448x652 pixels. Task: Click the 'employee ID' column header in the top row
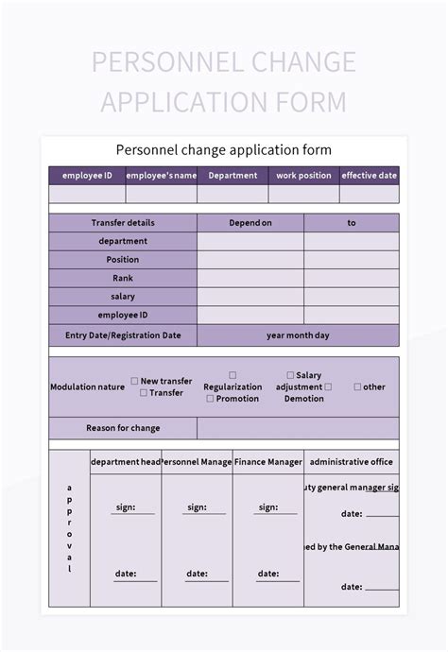click(x=87, y=175)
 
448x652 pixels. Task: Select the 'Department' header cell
click(x=233, y=175)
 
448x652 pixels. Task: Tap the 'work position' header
click(x=303, y=175)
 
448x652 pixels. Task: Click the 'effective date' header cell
click(x=370, y=175)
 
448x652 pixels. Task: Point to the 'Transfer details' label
click(x=123, y=223)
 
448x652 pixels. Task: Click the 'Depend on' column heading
click(x=250, y=223)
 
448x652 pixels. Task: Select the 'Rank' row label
click(x=123, y=278)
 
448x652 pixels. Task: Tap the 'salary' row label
click(x=123, y=297)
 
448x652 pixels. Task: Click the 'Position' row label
click(x=123, y=260)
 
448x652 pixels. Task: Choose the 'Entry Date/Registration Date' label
click(x=123, y=335)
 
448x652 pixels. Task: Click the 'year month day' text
click(x=298, y=335)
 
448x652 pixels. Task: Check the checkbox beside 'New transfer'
click(x=134, y=382)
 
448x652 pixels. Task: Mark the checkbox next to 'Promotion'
click(x=210, y=399)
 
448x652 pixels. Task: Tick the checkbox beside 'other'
click(x=357, y=386)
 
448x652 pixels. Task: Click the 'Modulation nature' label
click(x=87, y=386)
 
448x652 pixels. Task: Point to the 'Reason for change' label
click(x=123, y=428)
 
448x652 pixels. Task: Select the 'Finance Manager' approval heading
click(x=268, y=462)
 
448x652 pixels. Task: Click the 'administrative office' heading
click(x=351, y=462)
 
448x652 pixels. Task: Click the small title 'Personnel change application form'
click(x=224, y=150)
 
